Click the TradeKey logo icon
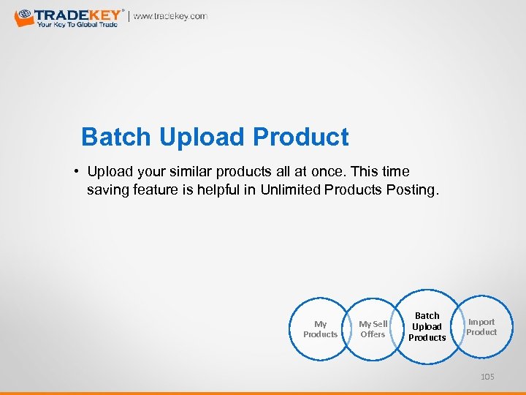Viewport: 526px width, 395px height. [24, 17]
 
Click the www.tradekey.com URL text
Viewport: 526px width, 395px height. [170, 16]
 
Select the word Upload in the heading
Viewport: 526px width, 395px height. [202, 137]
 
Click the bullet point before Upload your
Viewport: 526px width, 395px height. [76, 172]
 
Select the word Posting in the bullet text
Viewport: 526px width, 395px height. [412, 190]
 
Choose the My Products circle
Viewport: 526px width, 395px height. [320, 329]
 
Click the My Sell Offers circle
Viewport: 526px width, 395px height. [373, 329]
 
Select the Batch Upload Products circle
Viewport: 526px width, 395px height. [427, 327]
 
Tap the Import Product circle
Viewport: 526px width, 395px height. [481, 327]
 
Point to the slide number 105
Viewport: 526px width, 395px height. [487, 377]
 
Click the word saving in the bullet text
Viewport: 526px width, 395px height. [108, 190]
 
